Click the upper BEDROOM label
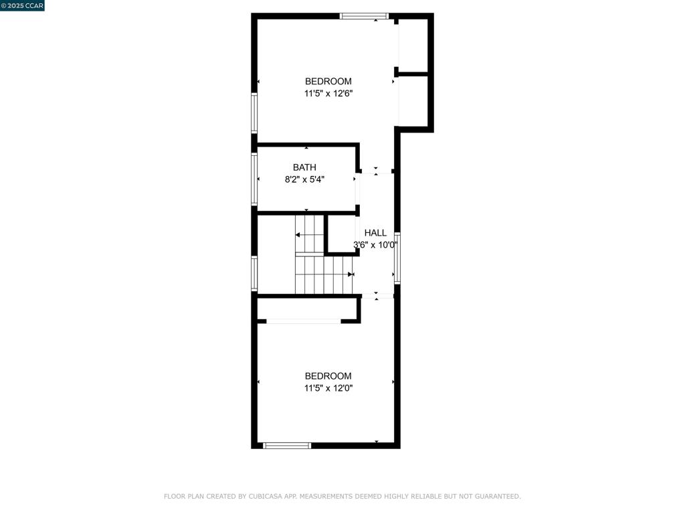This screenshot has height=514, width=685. [x=328, y=82]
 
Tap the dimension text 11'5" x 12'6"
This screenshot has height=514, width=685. [x=328, y=94]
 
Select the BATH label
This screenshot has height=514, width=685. [x=304, y=167]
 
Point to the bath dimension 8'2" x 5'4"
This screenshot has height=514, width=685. [x=304, y=179]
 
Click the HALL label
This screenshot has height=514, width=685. [x=375, y=233]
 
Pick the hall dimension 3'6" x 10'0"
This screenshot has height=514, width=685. [x=375, y=245]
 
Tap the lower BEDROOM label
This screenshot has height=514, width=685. [x=328, y=376]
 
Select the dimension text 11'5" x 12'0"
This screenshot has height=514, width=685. [x=328, y=388]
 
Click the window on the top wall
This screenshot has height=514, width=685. [x=365, y=16]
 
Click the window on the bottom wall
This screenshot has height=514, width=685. [x=287, y=445]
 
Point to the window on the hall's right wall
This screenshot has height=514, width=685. [x=397, y=258]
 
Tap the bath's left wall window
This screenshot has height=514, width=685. [x=254, y=179]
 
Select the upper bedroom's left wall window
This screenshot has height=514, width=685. [x=254, y=112]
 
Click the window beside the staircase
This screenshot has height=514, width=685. [x=254, y=274]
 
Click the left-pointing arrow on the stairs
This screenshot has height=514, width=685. [x=298, y=235]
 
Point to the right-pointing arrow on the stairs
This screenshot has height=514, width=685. [x=350, y=274]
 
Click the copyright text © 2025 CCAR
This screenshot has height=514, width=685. [x=22, y=6]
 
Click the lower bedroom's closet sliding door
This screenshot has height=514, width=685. [x=304, y=322]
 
